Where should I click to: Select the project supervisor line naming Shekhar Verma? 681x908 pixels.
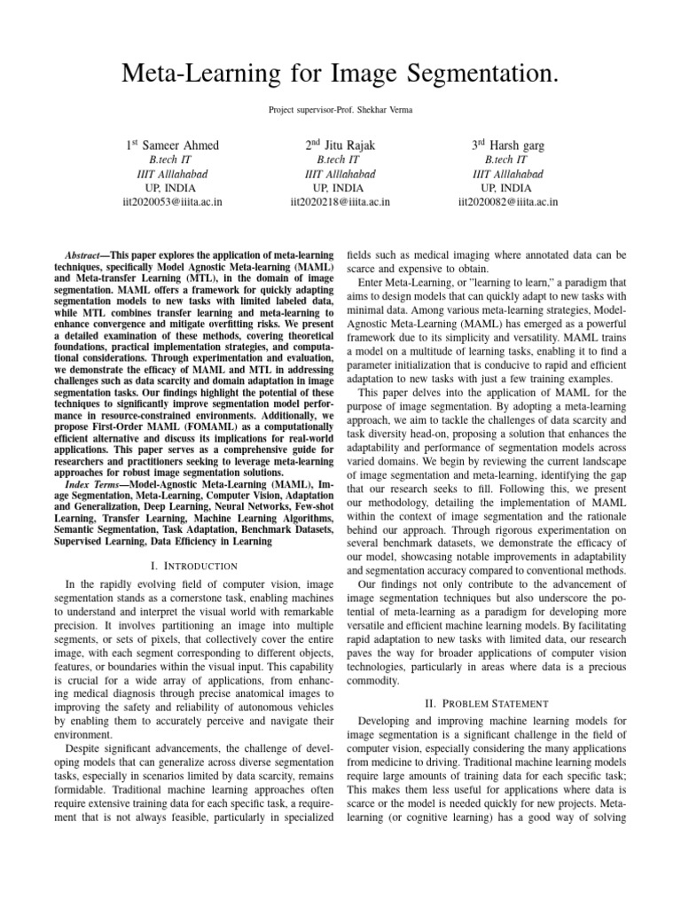tap(340, 109)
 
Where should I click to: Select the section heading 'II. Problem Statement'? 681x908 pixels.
tap(487, 703)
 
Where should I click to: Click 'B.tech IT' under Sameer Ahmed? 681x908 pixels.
tap(172, 160)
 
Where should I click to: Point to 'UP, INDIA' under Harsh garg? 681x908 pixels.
tap(507, 188)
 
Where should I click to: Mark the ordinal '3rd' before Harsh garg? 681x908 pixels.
tap(481, 144)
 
